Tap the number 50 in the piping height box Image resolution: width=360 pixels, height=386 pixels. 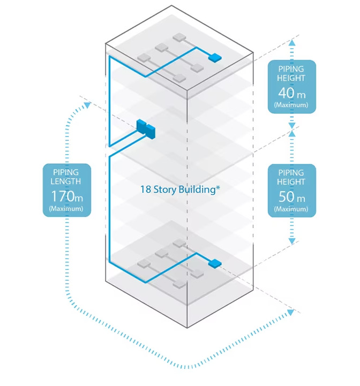point(286,197)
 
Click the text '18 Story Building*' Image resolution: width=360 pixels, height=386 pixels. point(180,190)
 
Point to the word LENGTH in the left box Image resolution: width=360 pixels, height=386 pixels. point(66,181)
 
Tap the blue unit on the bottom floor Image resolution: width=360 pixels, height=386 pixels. point(214,263)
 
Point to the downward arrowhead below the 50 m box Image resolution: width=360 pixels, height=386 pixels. point(292,241)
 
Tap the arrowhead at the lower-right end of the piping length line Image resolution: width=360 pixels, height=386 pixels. point(290,312)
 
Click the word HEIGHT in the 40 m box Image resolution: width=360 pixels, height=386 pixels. point(291,78)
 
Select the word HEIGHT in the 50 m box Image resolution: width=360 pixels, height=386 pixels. point(291,182)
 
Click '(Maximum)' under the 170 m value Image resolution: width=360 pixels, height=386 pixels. point(66,208)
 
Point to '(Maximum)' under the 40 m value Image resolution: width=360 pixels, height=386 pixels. point(291,105)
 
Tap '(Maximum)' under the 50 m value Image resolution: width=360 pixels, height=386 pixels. point(291,209)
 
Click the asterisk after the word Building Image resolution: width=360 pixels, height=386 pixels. point(218,188)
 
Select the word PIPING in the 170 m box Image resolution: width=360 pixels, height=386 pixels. point(66,172)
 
